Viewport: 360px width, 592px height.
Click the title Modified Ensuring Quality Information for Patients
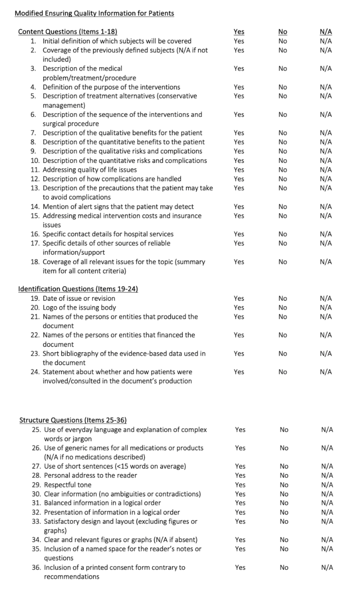tap(94, 14)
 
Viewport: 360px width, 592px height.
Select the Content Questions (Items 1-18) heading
tap(68, 32)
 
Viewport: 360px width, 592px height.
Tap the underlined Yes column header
tap(239, 32)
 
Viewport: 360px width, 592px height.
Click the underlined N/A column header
tap(326, 32)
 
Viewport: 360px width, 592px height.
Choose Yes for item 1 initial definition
tap(239, 41)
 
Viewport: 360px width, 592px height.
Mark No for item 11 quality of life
tap(283, 170)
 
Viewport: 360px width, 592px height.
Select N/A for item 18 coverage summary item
tap(326, 262)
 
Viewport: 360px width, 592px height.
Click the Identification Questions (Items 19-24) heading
tap(78, 289)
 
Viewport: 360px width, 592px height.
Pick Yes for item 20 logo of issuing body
tap(239, 308)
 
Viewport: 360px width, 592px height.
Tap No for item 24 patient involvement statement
tap(283, 372)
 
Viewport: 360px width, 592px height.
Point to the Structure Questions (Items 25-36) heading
tap(73, 420)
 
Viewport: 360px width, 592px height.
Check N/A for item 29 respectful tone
tap(327, 485)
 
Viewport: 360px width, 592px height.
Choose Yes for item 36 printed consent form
tap(240, 568)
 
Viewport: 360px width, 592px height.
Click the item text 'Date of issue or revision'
tap(79, 298)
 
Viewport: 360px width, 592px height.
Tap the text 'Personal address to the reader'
tap(90, 475)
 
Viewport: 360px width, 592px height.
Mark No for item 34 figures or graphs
tap(284, 540)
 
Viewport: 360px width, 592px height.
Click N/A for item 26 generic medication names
tap(327, 448)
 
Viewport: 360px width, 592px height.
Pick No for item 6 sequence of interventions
tap(283, 115)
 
